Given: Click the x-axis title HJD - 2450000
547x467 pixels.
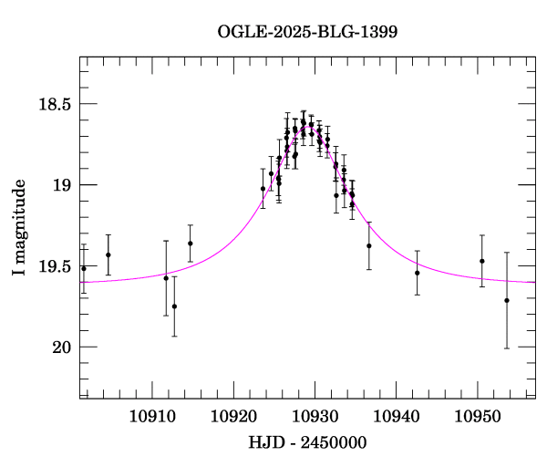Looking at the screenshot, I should (x=307, y=442).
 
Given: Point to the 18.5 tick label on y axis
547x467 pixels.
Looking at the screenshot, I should (x=53, y=104).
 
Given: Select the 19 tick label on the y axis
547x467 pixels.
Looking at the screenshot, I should (x=60, y=185).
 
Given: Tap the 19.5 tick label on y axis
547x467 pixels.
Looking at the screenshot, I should (x=53, y=266).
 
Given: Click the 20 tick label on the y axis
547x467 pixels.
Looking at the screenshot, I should (x=60, y=348).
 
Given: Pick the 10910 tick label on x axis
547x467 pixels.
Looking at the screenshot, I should (x=151, y=416).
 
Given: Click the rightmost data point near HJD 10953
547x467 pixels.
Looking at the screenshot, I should (x=507, y=300).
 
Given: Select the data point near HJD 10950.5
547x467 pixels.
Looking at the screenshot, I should (x=482, y=261).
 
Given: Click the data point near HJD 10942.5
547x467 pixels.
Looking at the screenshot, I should (x=418, y=273).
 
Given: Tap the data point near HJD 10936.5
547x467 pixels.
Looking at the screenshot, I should (x=369, y=245).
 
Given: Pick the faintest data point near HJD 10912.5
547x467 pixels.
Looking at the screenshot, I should (x=174, y=306).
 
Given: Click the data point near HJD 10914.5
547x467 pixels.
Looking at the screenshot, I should (x=191, y=244).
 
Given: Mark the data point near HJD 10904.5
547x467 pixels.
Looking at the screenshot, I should (x=108, y=255).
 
